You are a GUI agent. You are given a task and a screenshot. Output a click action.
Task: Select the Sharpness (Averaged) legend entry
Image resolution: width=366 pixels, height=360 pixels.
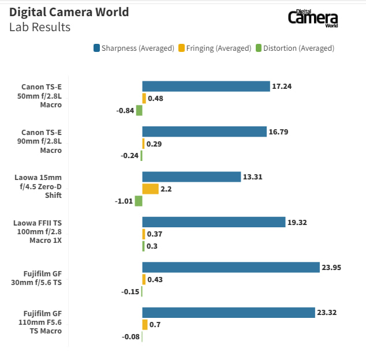click(x=133, y=48)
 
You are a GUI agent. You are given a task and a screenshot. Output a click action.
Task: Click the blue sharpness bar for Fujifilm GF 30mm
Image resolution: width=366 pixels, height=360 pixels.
click(x=231, y=267)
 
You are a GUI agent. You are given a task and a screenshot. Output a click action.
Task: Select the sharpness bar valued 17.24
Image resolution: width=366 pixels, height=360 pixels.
click(x=206, y=87)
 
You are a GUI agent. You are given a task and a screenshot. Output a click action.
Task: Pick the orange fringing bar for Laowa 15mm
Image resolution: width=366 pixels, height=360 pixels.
click(x=150, y=189)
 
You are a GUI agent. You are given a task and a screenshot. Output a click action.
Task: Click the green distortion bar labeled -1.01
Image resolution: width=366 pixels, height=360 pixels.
click(x=139, y=201)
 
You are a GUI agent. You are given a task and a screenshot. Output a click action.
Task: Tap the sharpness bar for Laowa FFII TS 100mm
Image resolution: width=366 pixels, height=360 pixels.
click(x=214, y=222)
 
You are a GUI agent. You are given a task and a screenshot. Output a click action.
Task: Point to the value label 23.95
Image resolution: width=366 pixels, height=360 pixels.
click(x=331, y=267)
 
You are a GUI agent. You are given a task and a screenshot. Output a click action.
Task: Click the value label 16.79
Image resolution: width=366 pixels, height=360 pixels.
click(x=278, y=132)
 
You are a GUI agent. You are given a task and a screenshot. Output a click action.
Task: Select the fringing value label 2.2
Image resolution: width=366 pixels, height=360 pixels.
click(x=166, y=189)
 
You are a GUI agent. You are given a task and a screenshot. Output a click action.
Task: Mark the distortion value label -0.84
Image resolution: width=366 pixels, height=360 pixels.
click(x=125, y=111)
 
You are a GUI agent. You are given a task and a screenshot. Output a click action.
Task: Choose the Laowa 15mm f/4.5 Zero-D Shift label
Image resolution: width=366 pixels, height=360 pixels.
click(x=38, y=186)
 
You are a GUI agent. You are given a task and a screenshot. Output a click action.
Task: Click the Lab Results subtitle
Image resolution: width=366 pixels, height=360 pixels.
click(x=40, y=27)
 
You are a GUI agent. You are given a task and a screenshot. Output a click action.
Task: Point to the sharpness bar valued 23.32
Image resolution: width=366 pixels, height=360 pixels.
click(x=229, y=313)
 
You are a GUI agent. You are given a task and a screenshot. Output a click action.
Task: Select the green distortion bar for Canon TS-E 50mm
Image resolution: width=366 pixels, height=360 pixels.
click(x=139, y=110)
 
